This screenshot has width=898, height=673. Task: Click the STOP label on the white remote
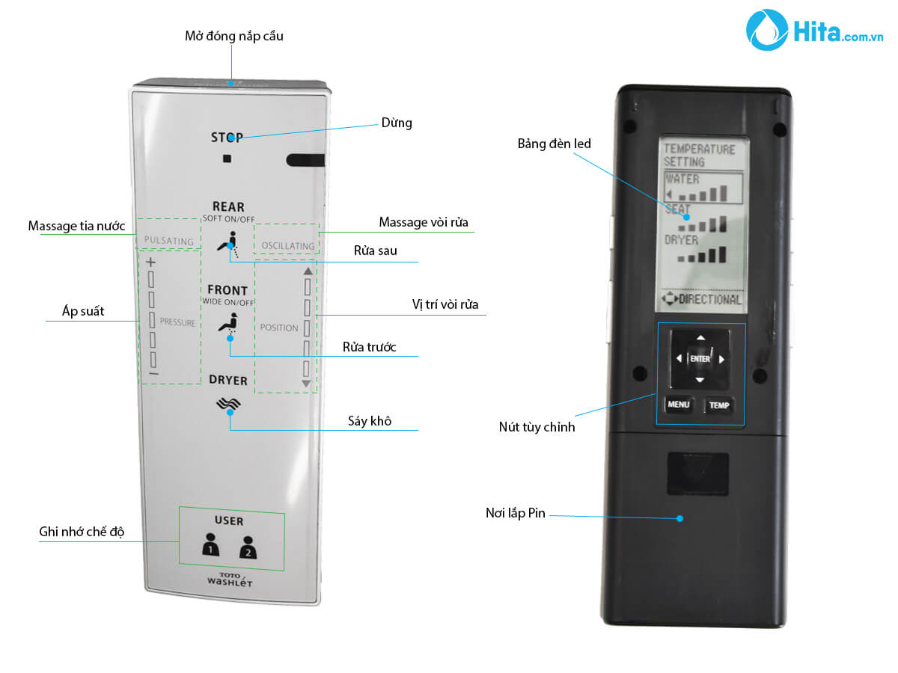pos(227,137)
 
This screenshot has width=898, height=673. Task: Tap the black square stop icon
pos(227,158)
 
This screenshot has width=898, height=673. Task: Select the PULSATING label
pos(168,241)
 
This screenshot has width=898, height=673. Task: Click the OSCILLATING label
pos(288,245)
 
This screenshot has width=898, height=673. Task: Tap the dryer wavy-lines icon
pos(228,404)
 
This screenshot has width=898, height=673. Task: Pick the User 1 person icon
pos(210,544)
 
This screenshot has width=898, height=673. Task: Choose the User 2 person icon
pos(248,547)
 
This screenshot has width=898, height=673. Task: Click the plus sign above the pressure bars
pos(150,262)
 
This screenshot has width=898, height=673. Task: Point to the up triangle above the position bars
pos(308,271)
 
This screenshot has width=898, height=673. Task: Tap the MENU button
pos(678,404)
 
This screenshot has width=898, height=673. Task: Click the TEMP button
pos(719,405)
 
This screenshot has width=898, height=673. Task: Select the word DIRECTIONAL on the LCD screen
pos(710,299)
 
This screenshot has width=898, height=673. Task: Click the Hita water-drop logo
pos(766,30)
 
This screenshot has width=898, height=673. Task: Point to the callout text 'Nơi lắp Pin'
pos(515,513)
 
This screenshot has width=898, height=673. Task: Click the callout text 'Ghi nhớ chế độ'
pos(82,531)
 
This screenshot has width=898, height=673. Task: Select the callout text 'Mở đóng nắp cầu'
pos(233,36)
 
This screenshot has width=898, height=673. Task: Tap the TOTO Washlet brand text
pos(229,580)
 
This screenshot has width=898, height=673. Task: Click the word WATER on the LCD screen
pos(682,179)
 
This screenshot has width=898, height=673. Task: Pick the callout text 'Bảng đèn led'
pos(554,144)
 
